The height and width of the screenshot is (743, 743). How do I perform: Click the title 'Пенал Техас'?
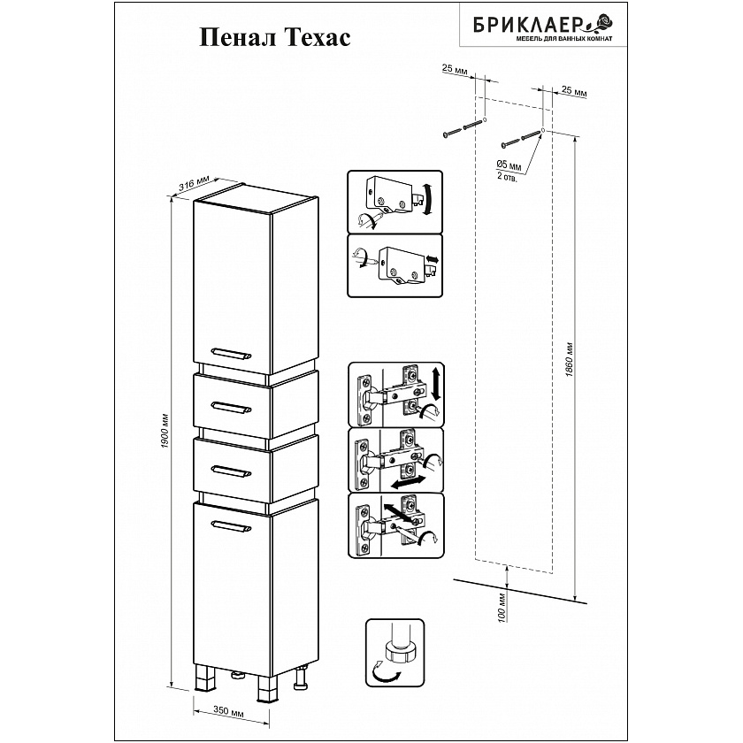tap(275, 37)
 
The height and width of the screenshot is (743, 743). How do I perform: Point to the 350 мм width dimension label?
tap(228, 711)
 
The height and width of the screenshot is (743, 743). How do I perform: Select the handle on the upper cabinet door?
tap(231, 353)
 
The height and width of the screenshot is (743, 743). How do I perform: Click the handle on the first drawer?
tap(231, 407)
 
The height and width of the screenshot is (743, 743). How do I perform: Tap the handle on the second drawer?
tap(231, 471)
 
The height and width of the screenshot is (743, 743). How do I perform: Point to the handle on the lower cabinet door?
tap(231, 525)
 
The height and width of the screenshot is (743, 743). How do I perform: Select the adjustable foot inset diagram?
tap(394, 652)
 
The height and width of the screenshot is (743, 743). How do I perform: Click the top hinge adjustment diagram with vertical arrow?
tap(396, 394)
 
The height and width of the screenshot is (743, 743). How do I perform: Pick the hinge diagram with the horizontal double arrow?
tap(396, 460)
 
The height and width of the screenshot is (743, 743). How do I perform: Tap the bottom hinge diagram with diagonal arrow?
tap(396, 525)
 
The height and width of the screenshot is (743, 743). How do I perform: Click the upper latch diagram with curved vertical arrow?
tap(394, 202)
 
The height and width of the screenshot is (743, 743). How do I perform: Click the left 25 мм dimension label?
tap(455, 70)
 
